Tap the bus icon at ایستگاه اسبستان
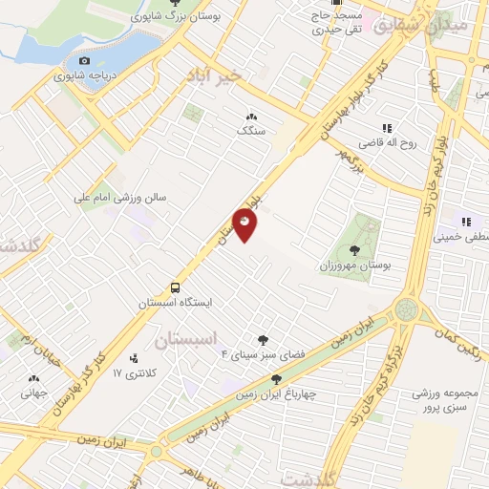pyautogui.click(x=175, y=287)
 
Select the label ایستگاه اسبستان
pyautogui.click(x=175, y=302)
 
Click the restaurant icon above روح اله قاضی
pyautogui.click(x=387, y=128)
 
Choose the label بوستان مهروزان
pyautogui.click(x=351, y=263)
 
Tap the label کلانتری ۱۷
pyautogui.click(x=132, y=371)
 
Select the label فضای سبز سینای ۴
pyautogui.click(x=262, y=353)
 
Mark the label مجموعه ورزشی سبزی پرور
pyautogui.click(x=446, y=400)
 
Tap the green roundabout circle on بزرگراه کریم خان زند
pyautogui.click(x=406, y=309)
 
